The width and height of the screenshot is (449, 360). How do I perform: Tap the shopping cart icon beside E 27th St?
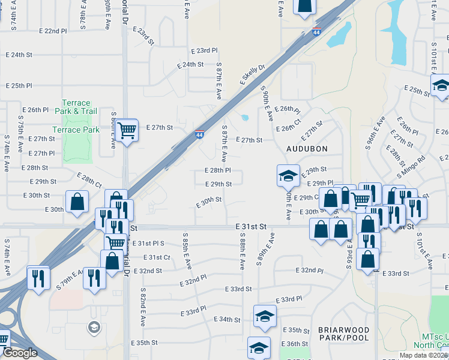127,130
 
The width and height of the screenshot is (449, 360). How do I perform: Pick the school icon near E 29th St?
288,176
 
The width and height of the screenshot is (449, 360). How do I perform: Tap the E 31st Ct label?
157,257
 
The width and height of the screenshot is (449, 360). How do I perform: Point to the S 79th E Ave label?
69,280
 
